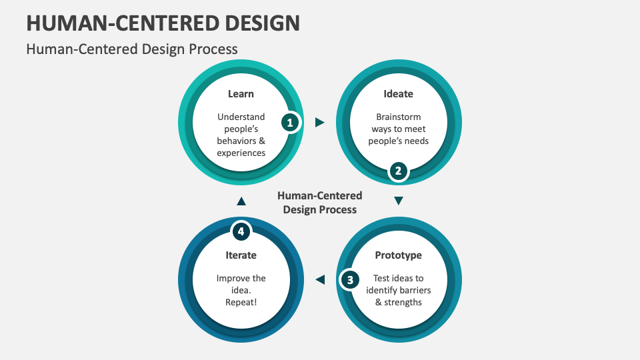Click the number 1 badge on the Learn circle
[289, 122]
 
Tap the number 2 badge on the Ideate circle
[398, 171]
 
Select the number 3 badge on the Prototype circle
[349, 279]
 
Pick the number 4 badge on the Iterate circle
[241, 231]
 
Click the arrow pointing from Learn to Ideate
[319, 122]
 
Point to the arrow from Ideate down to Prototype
[398, 201]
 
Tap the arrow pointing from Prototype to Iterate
[320, 279]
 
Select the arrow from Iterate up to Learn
[241, 201]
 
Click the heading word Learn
[241, 94]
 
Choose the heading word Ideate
[398, 94]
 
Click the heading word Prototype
[398, 255]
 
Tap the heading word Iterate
[241, 255]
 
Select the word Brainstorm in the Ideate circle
[398, 117]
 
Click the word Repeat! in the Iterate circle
[241, 302]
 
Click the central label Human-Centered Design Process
[319, 202]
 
